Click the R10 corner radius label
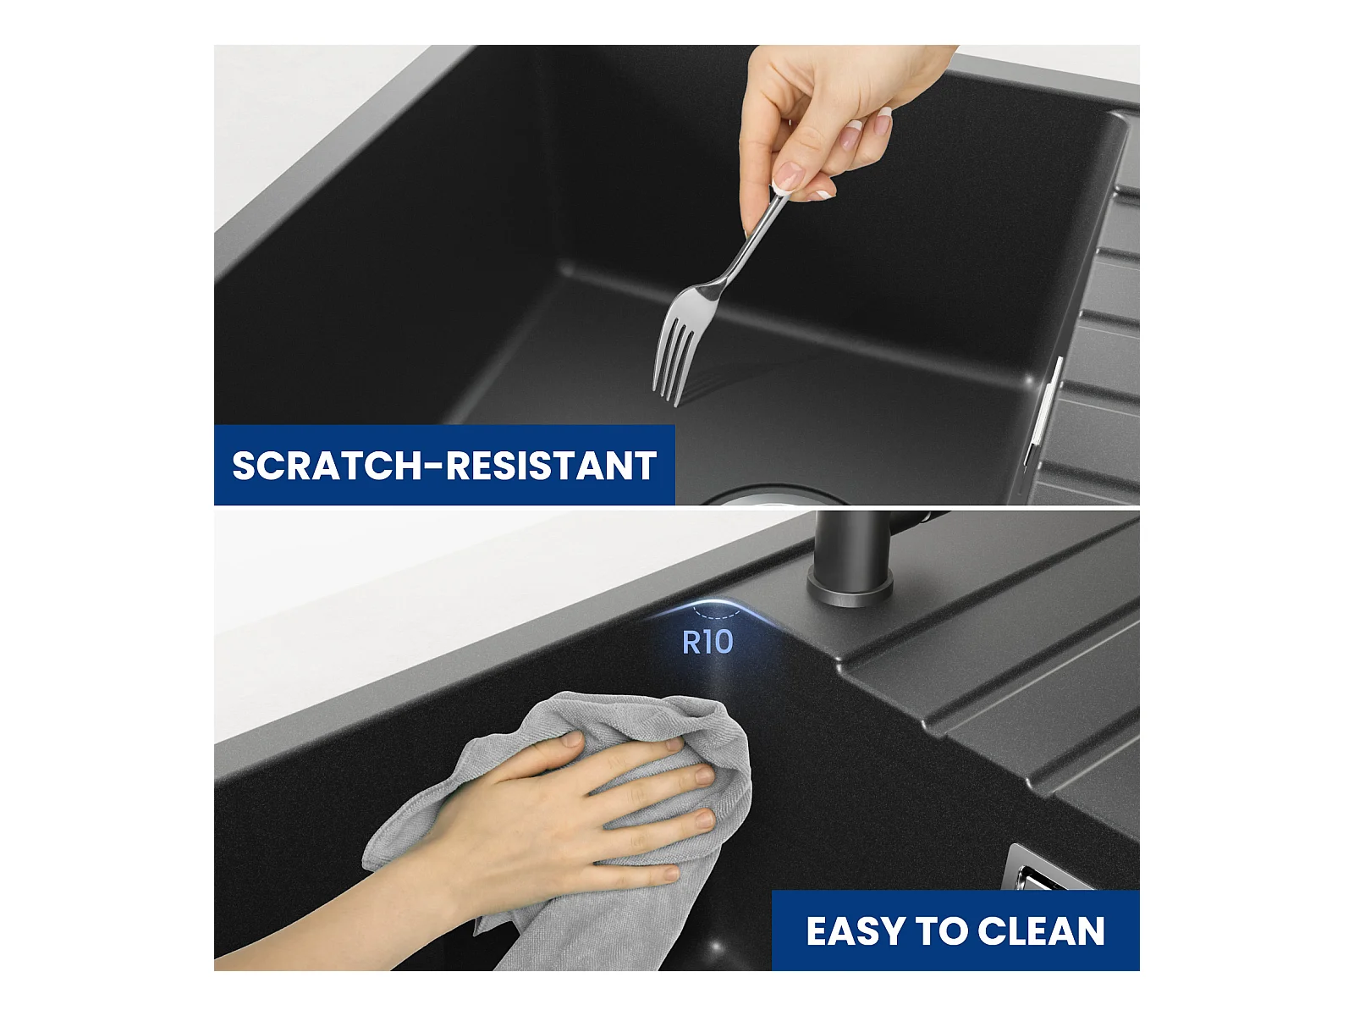(707, 642)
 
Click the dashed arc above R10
(716, 614)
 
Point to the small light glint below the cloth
(717, 945)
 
